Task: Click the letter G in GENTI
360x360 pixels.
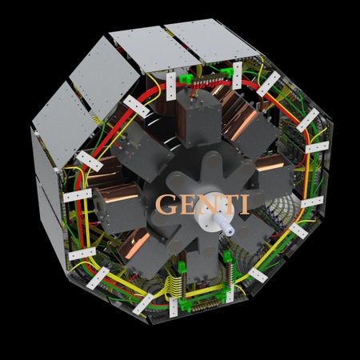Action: (x=166, y=204)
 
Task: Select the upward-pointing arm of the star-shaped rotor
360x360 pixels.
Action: (x=213, y=166)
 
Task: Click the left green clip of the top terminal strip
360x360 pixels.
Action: (x=186, y=78)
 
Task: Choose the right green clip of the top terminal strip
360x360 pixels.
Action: (x=227, y=72)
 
